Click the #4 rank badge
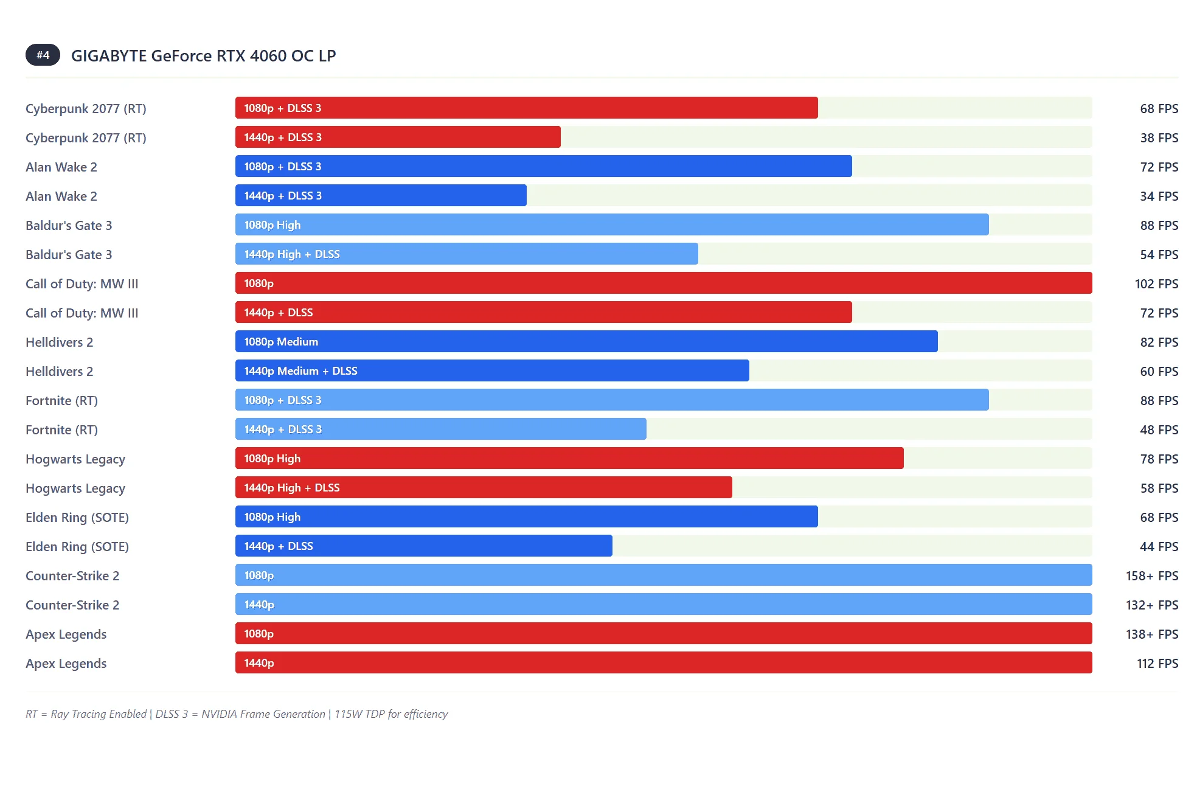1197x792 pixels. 43,55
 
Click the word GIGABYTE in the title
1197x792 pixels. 109,56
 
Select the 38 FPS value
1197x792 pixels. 1159,138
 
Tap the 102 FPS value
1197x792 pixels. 1156,284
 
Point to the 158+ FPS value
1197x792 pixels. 1151,576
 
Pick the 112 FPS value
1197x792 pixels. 1157,664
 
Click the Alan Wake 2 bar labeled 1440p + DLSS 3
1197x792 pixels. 381,196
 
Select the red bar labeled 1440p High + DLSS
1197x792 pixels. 484,488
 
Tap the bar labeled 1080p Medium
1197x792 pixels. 586,342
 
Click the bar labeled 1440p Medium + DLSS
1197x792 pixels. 492,371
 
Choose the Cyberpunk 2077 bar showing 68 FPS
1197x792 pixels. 526,108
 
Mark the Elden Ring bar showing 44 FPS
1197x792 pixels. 423,546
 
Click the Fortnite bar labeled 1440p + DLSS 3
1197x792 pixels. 440,429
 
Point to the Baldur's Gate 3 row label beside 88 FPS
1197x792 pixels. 69,226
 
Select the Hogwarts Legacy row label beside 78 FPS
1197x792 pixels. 75,459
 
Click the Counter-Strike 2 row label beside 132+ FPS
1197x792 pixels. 72,605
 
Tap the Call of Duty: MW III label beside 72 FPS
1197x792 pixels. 82,313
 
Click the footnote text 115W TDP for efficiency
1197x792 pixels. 391,714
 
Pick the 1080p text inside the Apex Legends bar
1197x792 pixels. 258,634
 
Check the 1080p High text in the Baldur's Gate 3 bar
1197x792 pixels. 272,225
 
